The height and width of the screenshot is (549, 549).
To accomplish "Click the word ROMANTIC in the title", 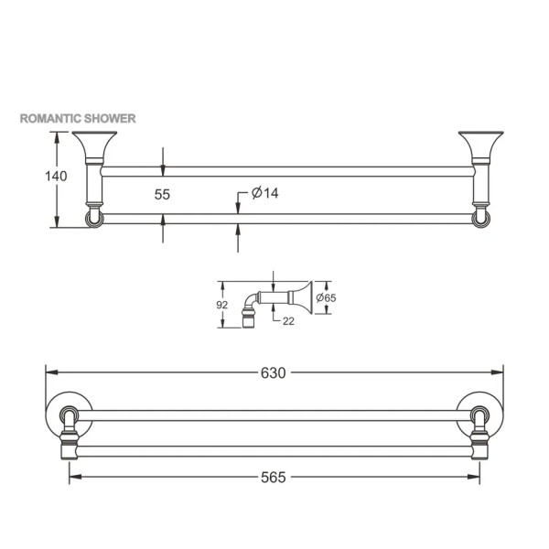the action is (x=51, y=118).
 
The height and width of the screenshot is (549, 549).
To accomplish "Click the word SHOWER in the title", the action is (x=111, y=118).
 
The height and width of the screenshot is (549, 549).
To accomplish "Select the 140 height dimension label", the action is (x=56, y=176).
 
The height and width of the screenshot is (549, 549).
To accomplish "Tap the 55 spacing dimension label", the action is (x=162, y=194).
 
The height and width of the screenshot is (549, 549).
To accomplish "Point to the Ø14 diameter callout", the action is (x=265, y=193).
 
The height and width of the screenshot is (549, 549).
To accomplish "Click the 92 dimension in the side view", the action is (x=222, y=305).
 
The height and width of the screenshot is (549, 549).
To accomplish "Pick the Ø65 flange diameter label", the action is (x=326, y=298).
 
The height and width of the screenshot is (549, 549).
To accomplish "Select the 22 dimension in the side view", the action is (x=288, y=321).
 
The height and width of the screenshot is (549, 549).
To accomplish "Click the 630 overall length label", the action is (x=274, y=373).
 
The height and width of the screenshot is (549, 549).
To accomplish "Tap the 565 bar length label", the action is (x=274, y=478).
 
